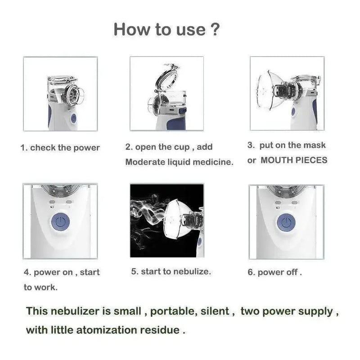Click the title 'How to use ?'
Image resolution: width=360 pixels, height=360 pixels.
(167, 29)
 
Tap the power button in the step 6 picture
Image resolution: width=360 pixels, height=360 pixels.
(284, 222)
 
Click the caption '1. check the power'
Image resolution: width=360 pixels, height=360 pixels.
(60, 148)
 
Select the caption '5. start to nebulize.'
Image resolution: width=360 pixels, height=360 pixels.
(171, 271)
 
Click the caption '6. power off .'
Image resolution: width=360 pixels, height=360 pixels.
(275, 272)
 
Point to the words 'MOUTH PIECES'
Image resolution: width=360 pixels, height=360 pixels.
(294, 160)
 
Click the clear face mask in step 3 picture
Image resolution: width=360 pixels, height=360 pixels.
(270, 88)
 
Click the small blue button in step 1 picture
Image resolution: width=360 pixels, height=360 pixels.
(73, 118)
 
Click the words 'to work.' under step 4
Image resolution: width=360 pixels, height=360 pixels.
(40, 287)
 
